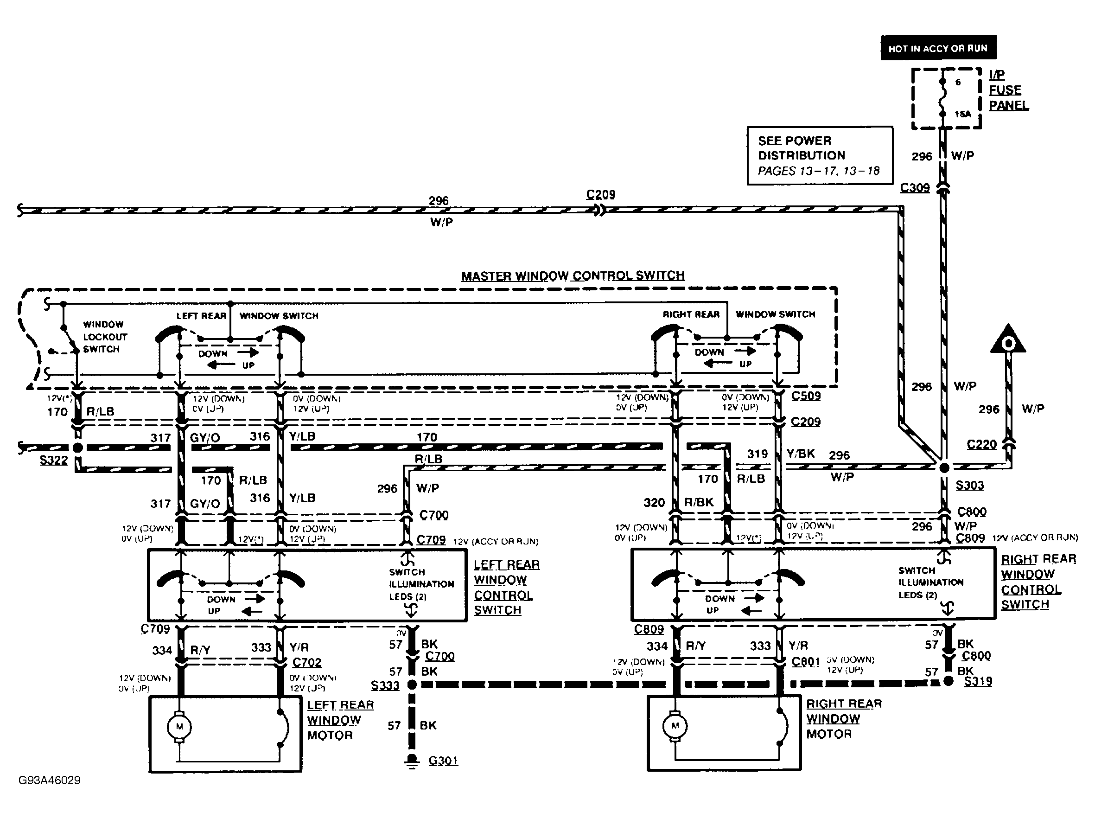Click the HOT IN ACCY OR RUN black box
point(938,48)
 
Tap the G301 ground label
point(443,760)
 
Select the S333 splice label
point(385,685)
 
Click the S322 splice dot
point(78,448)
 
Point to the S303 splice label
point(969,485)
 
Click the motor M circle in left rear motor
point(180,726)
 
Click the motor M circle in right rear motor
point(675,726)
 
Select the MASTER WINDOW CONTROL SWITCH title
point(573,276)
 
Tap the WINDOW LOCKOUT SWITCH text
point(104,337)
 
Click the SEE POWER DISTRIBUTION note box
point(819,155)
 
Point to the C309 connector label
point(914,188)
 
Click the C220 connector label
point(981,444)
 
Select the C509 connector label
point(805,396)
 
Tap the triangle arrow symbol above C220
point(1008,341)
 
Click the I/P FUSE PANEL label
point(1008,90)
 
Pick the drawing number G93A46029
point(49,781)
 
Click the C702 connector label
point(306,663)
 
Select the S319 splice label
point(978,681)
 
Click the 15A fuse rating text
point(962,115)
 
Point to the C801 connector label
point(805,661)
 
